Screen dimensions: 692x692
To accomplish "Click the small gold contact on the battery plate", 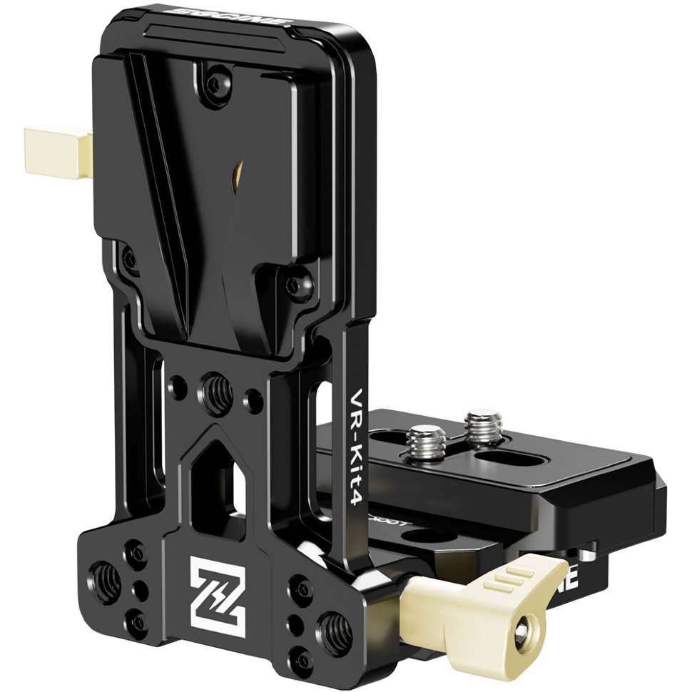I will point(239,171).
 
